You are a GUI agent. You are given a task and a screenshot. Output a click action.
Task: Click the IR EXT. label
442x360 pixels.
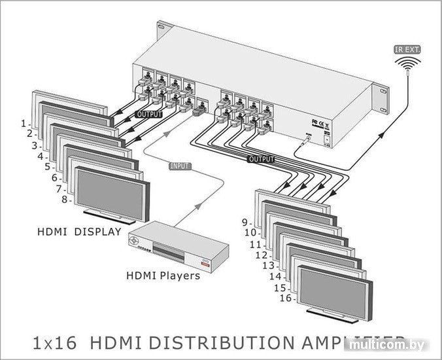408,49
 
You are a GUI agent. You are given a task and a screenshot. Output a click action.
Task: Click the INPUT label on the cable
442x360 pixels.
180,166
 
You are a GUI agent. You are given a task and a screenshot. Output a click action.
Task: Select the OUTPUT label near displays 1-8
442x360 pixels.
148,114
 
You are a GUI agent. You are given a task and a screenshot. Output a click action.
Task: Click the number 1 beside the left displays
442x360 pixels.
24,123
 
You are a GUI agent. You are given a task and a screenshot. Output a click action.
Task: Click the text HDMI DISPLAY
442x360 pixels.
79,231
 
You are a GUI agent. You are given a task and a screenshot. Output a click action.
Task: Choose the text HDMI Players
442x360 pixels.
163,276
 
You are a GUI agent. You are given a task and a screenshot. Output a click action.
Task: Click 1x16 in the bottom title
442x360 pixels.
54,342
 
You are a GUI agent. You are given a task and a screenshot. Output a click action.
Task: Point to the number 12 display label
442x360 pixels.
261,255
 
